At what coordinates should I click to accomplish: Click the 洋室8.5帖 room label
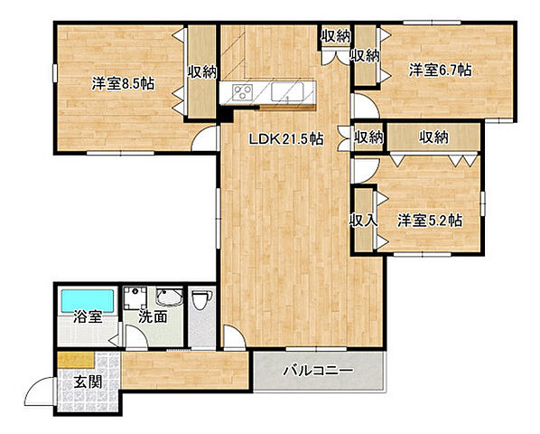pyautogui.click(x=123, y=84)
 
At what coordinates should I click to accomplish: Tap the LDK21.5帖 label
pyautogui.click(x=286, y=139)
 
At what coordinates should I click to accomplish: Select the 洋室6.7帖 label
pyautogui.click(x=440, y=71)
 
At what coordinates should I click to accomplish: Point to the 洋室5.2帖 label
pyautogui.click(x=430, y=221)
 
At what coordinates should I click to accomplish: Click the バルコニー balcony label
pyautogui.click(x=318, y=371)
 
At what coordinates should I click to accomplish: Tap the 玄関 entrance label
pyautogui.click(x=88, y=382)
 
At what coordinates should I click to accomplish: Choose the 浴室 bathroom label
pyautogui.click(x=88, y=316)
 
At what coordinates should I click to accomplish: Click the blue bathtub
pyautogui.click(x=88, y=301)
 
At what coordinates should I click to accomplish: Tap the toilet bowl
pyautogui.click(x=201, y=300)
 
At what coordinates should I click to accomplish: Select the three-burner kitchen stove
pyautogui.click(x=243, y=92)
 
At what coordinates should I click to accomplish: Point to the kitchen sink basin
pyautogui.click(x=287, y=91)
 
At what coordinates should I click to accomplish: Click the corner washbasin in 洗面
pyautogui.click(x=169, y=297)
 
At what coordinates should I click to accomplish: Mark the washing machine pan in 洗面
pyautogui.click(x=135, y=297)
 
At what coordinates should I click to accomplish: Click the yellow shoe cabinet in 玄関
pyautogui.click(x=76, y=360)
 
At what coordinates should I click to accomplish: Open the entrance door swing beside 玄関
pyautogui.click(x=41, y=391)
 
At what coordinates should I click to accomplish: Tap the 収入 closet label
pyautogui.click(x=363, y=220)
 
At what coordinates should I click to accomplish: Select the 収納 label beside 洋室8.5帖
pyautogui.click(x=201, y=71)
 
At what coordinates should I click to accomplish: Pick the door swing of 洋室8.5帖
pyautogui.click(x=205, y=138)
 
